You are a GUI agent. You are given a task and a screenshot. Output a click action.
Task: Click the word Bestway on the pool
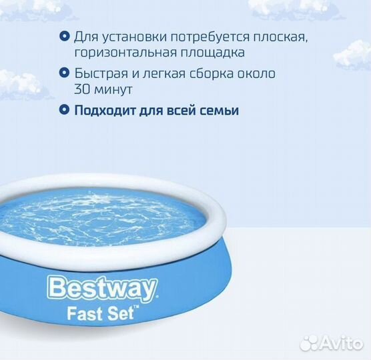click(102, 289)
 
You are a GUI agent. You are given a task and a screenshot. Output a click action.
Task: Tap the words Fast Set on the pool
click(100, 314)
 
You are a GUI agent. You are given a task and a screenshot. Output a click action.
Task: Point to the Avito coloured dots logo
click(308, 343)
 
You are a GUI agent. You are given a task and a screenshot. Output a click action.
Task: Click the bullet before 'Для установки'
click(63, 36)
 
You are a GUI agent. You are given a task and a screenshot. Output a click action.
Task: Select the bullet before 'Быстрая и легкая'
click(63, 73)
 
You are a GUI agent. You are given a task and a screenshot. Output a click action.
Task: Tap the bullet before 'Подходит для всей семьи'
click(63, 109)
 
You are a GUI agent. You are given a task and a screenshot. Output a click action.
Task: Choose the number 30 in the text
click(81, 88)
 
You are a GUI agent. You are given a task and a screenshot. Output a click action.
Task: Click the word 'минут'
click(111, 88)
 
